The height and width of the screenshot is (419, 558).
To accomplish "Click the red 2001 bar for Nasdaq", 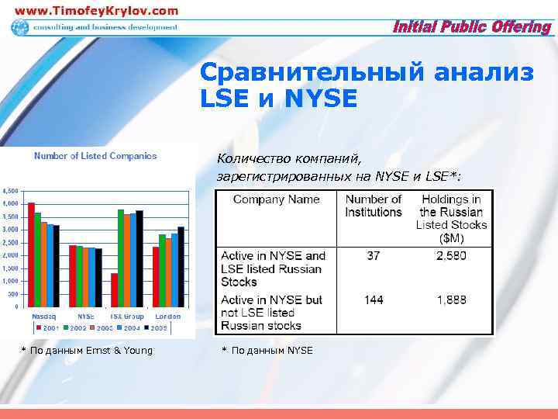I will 31,255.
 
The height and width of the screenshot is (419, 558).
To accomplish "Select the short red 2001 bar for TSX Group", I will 115,289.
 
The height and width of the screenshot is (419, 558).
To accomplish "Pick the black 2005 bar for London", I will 181,266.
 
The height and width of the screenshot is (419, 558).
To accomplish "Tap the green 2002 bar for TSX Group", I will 121,258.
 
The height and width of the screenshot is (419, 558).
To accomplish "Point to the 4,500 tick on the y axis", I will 11,191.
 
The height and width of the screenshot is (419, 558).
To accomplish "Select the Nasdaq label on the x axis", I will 43,317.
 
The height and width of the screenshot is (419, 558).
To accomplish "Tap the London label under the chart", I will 167,317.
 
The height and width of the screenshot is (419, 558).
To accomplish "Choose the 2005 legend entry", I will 157,328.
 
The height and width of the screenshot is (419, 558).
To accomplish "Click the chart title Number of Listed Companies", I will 95,156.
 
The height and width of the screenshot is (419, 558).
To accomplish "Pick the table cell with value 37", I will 374,255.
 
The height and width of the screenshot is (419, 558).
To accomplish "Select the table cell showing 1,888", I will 452,300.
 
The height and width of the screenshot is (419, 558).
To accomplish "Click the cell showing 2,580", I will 452,255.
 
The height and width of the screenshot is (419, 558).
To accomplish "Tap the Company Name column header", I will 277,199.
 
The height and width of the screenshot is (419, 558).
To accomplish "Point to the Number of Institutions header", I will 374,206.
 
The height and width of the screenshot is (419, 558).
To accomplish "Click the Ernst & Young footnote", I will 86,351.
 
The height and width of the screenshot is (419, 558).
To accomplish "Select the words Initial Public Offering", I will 472,27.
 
